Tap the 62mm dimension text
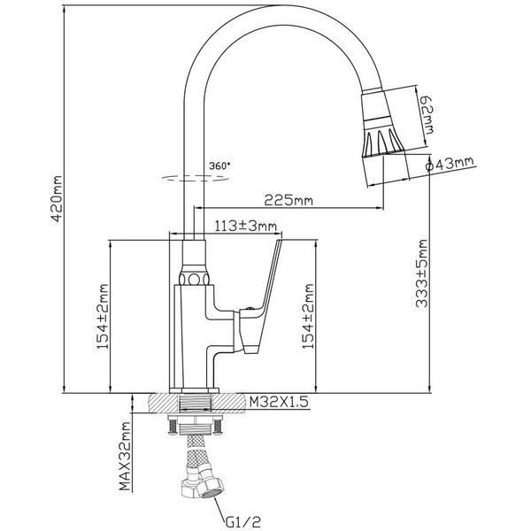[427, 112]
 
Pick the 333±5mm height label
[424, 273]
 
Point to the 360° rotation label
[219, 165]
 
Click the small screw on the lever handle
[252, 310]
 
